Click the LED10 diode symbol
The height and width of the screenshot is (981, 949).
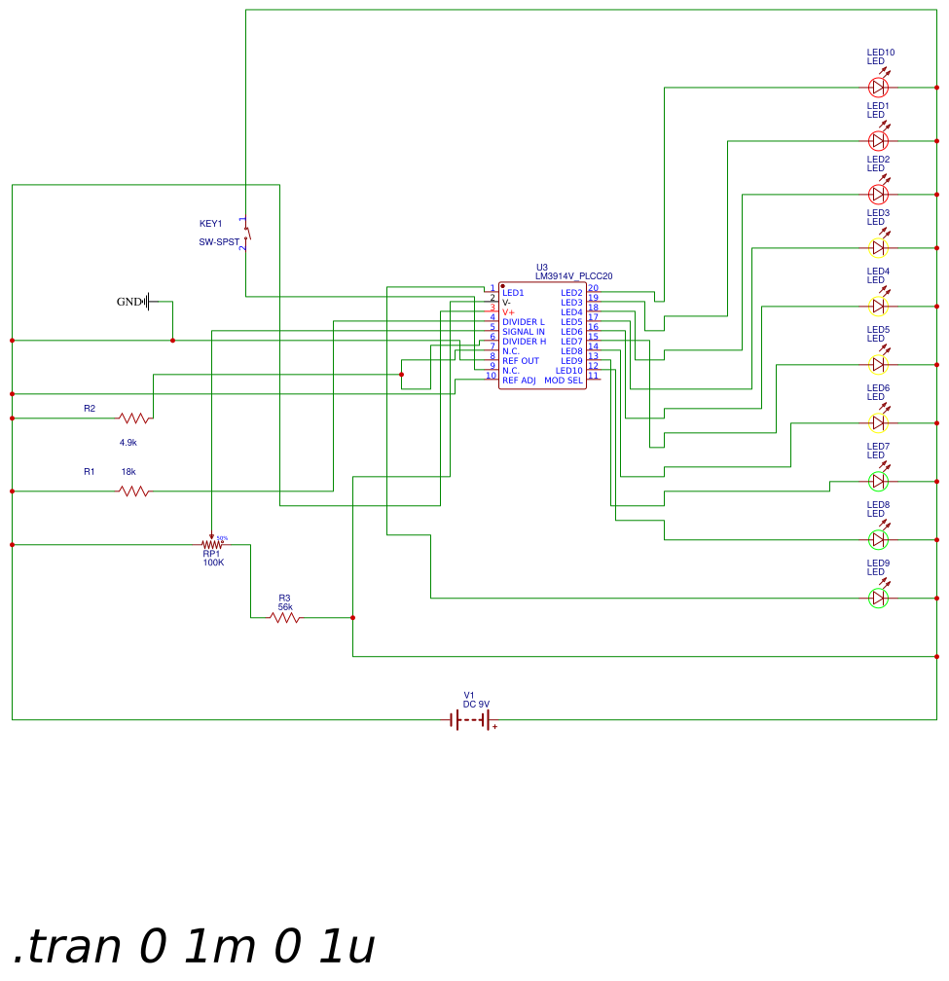coord(878,87)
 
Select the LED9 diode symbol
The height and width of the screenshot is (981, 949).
coord(878,598)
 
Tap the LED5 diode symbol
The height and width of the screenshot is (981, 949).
coord(878,364)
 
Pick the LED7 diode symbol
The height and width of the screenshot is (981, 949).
coord(878,481)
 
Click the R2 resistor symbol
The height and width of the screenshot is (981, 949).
coord(135,418)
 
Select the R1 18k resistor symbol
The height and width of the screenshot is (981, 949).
coord(135,491)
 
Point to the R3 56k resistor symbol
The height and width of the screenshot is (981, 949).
coord(284,617)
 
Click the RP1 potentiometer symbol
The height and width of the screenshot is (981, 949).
coord(212,545)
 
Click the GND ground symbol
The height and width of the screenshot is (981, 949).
coord(149,302)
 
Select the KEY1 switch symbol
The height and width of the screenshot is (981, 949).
coord(246,234)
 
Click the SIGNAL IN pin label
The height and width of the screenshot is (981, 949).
coord(524,332)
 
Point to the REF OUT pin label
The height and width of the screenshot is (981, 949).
coord(521,361)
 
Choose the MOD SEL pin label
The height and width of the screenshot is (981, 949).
coord(564,381)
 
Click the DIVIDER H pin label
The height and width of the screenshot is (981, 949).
coord(524,342)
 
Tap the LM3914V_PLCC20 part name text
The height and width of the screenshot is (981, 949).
coord(574,276)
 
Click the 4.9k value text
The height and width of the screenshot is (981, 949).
coord(128,442)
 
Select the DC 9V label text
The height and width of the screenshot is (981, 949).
coord(476,704)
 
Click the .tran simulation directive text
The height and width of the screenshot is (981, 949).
coord(194,946)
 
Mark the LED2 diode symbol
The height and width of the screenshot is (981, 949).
coord(878,194)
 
